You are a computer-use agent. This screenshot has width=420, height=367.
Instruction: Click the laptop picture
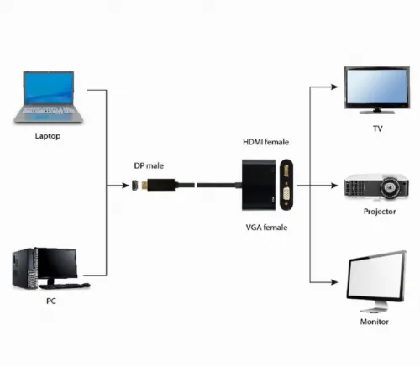click(x=48, y=97)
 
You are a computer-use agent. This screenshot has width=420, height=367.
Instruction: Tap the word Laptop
click(x=48, y=136)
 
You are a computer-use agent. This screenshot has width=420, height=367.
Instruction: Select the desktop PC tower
click(x=25, y=269)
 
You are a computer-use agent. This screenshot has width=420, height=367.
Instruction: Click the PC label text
click(x=51, y=301)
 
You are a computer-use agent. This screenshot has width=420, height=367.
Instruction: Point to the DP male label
click(x=149, y=165)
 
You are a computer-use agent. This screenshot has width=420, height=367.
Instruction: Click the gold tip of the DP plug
click(x=144, y=186)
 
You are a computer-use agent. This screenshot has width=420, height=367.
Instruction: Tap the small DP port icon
click(x=135, y=186)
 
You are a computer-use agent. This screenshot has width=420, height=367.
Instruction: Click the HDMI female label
click(x=265, y=142)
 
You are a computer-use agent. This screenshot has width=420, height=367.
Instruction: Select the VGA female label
click(x=266, y=228)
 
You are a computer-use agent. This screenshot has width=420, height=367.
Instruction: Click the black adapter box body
click(x=259, y=185)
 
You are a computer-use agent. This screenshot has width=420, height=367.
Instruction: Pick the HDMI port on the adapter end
click(x=286, y=170)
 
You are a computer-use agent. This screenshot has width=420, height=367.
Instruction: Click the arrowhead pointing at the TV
click(x=334, y=87)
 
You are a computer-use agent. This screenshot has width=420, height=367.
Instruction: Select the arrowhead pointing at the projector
click(x=334, y=186)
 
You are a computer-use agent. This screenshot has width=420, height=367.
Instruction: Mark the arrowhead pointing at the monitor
click(x=334, y=282)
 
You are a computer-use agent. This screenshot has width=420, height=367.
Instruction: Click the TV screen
click(x=377, y=87)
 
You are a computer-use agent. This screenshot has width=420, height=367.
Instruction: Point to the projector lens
click(x=390, y=186)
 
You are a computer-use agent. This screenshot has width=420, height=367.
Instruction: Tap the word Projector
click(x=380, y=212)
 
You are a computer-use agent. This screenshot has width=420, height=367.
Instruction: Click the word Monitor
click(x=375, y=322)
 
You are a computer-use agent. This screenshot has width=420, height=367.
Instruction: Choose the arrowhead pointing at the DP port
click(x=125, y=186)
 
